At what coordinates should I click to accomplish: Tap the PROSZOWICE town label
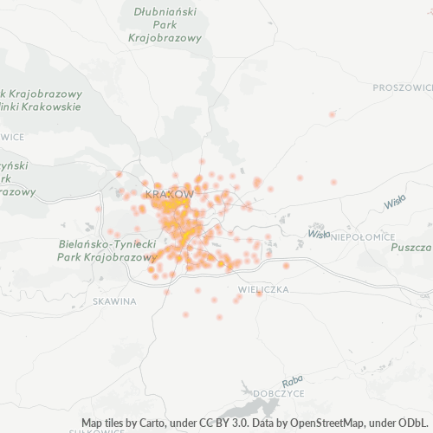coord(403,87)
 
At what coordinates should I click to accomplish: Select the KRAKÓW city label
coord(170,193)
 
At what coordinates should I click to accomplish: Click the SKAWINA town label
coord(114,301)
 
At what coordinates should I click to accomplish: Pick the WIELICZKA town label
coord(262,289)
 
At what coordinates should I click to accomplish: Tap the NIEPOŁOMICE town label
coord(364,236)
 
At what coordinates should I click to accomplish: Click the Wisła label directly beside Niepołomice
coord(319,234)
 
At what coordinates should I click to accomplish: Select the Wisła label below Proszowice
coord(395,201)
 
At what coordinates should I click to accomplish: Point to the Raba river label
coord(292,381)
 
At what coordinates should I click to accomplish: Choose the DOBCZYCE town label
coord(279,393)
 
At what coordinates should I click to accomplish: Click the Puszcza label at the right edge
coord(411,247)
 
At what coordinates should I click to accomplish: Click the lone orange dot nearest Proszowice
coord(332,114)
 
